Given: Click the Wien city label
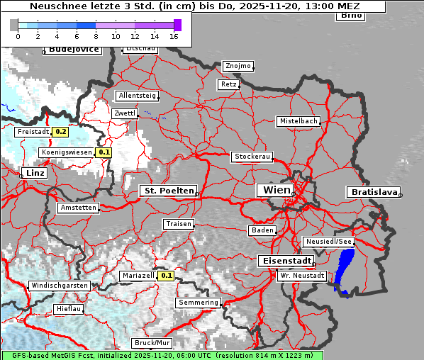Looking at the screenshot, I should pyautogui.click(x=277, y=190).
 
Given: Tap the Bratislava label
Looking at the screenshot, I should pyautogui.click(x=372, y=192).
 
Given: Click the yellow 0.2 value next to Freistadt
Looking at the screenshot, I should pyautogui.click(x=60, y=131).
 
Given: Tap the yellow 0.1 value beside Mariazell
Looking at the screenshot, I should pyautogui.click(x=166, y=275).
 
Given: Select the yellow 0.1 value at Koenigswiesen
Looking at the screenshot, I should pyautogui.click(x=104, y=152).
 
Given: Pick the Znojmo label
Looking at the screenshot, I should pyautogui.click(x=238, y=66).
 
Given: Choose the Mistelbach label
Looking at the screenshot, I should pyautogui.click(x=298, y=121).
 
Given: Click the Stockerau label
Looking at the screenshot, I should pyautogui.click(x=252, y=157).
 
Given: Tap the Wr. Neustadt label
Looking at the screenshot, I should pyautogui.click(x=302, y=275).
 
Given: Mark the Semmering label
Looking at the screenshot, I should pyautogui.click(x=199, y=303).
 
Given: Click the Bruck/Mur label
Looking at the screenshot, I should pyautogui.click(x=153, y=343).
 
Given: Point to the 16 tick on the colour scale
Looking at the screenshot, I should pyautogui.click(x=174, y=36).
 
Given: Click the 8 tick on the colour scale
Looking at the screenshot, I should pyautogui.click(x=96, y=36).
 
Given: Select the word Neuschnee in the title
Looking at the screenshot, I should pyautogui.click(x=54, y=6).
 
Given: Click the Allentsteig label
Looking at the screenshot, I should pyautogui.click(x=138, y=95).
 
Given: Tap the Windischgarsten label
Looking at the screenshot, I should pyautogui.click(x=60, y=286).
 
